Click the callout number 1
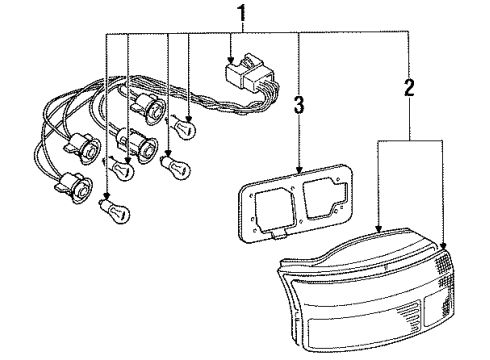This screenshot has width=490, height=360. tap(242, 14)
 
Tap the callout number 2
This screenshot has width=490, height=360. tap(409, 85)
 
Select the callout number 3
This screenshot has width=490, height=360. tap(299, 105)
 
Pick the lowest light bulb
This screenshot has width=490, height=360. tap(114, 209)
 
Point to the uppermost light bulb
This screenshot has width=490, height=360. tap(183, 127)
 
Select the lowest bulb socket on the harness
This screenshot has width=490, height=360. tap(76, 188)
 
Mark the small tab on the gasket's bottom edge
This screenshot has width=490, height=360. tap(279, 235)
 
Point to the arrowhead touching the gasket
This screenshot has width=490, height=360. tap(299, 170)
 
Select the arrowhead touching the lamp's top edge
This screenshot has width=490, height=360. tap(378, 228)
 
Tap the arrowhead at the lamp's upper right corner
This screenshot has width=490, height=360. tap(443, 246)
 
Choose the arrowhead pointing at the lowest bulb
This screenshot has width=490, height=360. tap(107, 196)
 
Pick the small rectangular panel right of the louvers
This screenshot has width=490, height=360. tap(435, 311)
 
